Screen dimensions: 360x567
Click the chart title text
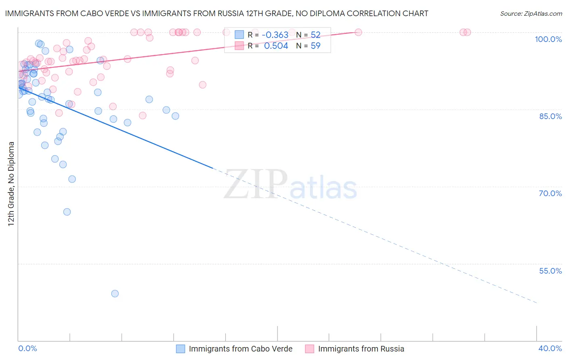point(217,13)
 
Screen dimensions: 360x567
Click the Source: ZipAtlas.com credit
point(531,13)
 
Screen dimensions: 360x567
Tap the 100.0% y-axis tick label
point(548,39)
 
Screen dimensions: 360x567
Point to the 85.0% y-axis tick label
point(550,116)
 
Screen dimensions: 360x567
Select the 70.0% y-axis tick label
point(550,193)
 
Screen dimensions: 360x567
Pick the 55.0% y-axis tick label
point(550,271)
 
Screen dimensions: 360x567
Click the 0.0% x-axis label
point(27,348)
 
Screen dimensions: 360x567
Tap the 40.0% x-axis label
point(550,348)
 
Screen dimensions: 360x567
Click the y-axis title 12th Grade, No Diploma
point(11,184)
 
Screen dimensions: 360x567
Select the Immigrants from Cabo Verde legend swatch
point(181,349)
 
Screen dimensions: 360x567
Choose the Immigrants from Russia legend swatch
point(310,349)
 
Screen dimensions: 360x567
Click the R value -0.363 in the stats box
point(275,35)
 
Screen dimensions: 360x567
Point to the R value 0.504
point(276,46)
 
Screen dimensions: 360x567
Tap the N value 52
point(315,35)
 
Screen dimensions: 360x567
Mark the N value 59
point(315,46)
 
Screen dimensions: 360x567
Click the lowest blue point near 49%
point(115,293)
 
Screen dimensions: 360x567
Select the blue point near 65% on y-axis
point(67,212)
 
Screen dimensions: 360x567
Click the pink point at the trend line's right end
point(358,32)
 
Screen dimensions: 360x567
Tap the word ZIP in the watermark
point(256,185)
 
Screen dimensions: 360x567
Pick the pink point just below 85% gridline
point(142,115)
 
